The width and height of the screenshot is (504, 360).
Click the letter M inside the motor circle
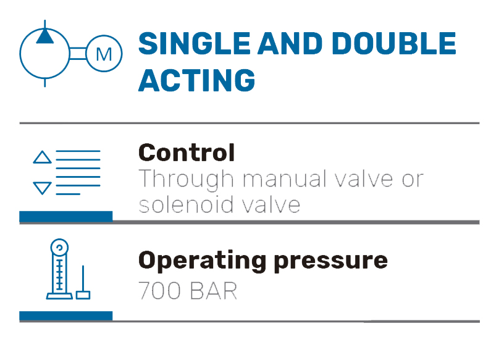(104, 54)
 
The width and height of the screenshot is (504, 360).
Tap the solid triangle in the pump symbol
(45, 36)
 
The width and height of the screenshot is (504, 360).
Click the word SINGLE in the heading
(195, 43)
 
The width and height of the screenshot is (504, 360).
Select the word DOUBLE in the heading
(394, 43)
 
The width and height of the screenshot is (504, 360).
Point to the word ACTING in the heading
(196, 80)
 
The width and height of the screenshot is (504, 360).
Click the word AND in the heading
(290, 43)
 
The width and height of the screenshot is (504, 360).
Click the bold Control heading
(187, 153)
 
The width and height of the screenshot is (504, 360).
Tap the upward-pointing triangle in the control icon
(42, 157)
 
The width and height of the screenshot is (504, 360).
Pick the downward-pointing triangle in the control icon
(42, 188)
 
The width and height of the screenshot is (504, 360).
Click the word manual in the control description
(282, 178)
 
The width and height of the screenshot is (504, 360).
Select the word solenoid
(186, 205)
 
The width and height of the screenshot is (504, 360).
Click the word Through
(186, 179)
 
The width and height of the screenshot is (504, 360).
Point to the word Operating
(202, 261)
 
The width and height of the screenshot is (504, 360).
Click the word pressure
(331, 262)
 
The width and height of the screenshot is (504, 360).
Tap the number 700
(159, 291)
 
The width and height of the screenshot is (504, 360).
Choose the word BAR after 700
(214, 291)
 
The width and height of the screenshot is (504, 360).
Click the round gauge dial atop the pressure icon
(59, 248)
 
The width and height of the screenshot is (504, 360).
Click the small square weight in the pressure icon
(83, 295)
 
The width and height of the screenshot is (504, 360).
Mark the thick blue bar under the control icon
(66, 216)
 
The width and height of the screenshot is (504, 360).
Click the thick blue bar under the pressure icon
(66, 316)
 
